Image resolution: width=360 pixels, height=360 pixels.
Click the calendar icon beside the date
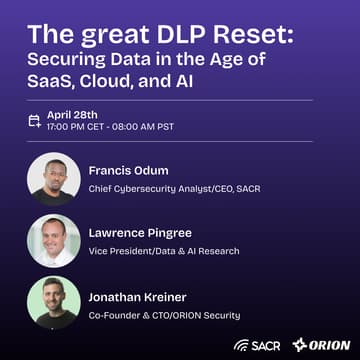click(x=34, y=120)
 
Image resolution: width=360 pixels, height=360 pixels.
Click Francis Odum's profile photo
click(x=54, y=177)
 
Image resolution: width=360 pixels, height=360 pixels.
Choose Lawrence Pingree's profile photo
click(x=54, y=240)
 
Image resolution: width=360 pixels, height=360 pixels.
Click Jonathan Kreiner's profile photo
click(x=54, y=302)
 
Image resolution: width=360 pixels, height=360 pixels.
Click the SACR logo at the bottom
click(x=256, y=344)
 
